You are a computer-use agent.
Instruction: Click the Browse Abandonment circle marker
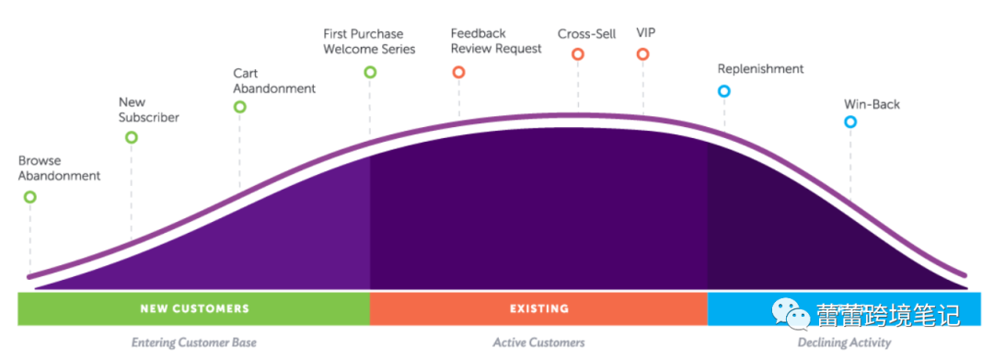click(x=29, y=192)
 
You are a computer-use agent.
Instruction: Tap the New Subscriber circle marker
click(x=132, y=131)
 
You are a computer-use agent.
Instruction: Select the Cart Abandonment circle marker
click(x=239, y=100)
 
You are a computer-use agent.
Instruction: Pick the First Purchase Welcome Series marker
click(x=370, y=66)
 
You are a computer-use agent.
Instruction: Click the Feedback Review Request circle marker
click(x=458, y=66)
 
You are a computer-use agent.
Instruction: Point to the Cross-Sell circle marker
click(x=577, y=48)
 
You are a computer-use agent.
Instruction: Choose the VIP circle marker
click(x=642, y=48)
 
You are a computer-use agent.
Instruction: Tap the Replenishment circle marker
click(x=724, y=85)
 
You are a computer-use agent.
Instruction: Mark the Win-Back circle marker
click(x=850, y=116)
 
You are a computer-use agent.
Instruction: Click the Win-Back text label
click(x=872, y=105)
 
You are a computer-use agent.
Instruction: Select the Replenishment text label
click(x=761, y=69)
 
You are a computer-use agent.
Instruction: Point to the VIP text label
click(x=646, y=33)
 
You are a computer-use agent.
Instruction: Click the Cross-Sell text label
click(x=586, y=33)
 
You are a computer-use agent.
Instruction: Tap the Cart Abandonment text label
click(x=274, y=81)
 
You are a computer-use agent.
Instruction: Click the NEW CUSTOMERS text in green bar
click(x=194, y=308)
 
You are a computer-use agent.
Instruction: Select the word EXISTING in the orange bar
click(x=538, y=308)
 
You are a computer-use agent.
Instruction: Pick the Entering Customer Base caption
click(x=194, y=343)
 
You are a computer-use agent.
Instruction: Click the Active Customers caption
click(x=538, y=343)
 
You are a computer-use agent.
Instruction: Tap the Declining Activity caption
click(x=844, y=343)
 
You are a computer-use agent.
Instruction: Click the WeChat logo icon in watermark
click(x=790, y=314)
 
